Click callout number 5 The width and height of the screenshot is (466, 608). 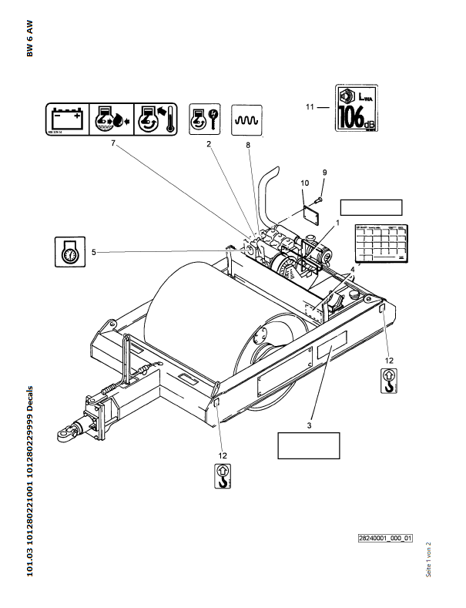pos(94,251)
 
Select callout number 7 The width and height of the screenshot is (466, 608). pos(112,143)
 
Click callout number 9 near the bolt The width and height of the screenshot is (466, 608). pos(324,171)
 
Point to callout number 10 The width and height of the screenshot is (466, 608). pos(304,183)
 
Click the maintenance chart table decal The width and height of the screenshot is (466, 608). pos(381,244)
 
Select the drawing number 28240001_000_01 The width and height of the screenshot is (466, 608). pos(386,538)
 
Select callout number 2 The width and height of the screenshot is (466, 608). pos(209,143)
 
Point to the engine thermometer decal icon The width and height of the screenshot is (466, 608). pos(155,119)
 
